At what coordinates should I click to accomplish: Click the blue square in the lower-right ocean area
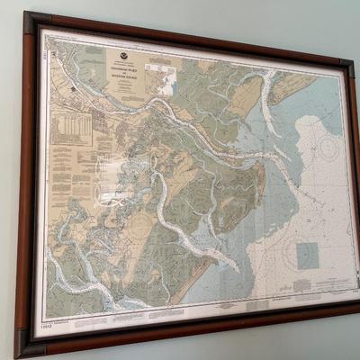point(308,256)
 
